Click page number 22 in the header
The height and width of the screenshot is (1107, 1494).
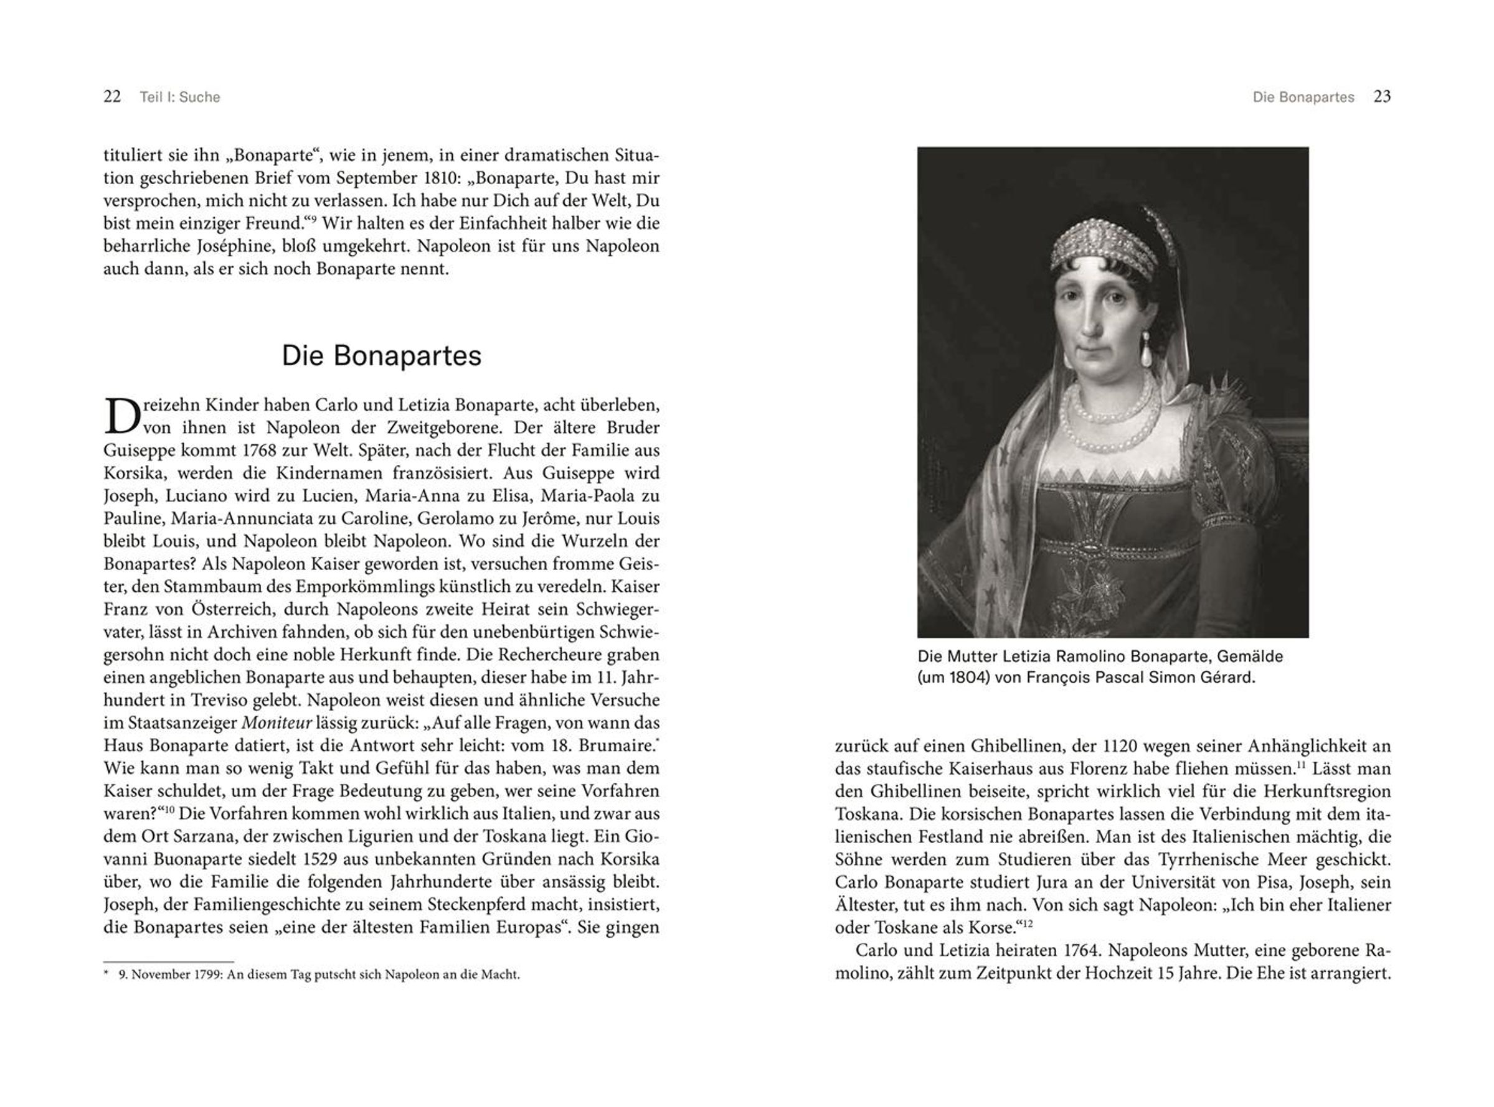click(112, 97)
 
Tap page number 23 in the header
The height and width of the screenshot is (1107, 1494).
click(1382, 96)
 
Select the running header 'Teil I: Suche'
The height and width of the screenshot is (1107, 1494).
click(180, 97)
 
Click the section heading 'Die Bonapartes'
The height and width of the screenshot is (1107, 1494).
click(381, 356)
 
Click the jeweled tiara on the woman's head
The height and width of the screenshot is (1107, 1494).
click(1105, 244)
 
